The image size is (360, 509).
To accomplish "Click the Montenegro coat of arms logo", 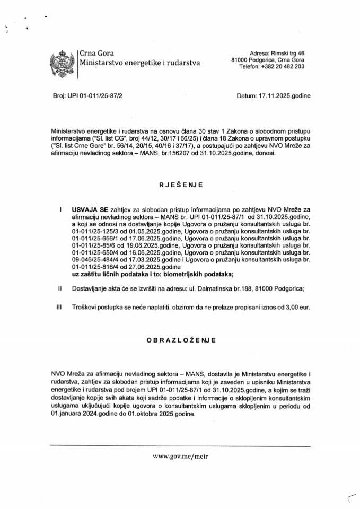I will (x=62, y=63).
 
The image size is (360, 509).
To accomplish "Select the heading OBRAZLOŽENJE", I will (x=180, y=340).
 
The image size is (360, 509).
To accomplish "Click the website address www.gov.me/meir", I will (x=179, y=455).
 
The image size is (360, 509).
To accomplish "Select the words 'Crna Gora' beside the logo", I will (x=96, y=52).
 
